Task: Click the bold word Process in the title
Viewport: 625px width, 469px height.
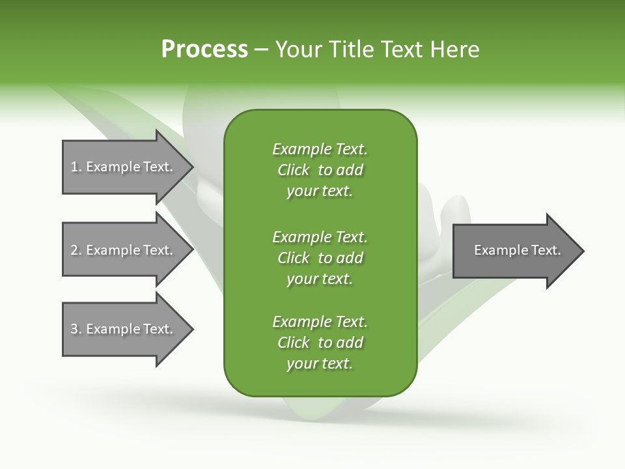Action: pos(204,50)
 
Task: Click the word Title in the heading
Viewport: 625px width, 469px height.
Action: pos(350,50)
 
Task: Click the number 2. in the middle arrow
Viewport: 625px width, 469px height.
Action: pos(76,250)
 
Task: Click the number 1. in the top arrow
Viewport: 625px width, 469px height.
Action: pos(76,167)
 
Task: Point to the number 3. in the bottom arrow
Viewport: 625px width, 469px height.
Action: pos(76,329)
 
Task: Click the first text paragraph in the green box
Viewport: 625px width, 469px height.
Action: pos(320,170)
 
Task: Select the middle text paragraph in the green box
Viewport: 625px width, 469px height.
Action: pos(320,257)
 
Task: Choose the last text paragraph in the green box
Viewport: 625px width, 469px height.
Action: pos(320,343)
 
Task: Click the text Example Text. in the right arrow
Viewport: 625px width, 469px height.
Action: pos(518,250)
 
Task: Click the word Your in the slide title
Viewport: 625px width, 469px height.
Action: pos(298,50)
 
